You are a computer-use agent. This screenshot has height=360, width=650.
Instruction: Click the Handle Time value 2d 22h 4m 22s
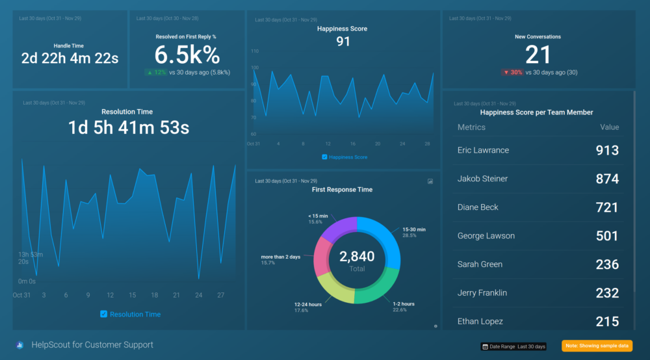click(69, 58)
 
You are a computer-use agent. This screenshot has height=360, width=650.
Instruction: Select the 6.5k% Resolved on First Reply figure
click(187, 55)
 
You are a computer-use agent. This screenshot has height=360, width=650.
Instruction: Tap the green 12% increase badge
click(156, 72)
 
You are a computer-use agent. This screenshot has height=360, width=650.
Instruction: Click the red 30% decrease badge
click(512, 72)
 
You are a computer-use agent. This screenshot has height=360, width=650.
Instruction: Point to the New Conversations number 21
click(538, 55)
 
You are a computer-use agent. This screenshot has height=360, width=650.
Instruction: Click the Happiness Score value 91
click(343, 42)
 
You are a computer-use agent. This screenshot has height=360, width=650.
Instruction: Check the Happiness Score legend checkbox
click(325, 157)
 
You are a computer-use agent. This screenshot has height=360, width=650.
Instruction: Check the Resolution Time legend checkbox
click(103, 315)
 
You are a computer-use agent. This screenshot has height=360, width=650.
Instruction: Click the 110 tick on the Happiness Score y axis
click(254, 51)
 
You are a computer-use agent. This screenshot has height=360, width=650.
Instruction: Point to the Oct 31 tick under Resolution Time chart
click(21, 295)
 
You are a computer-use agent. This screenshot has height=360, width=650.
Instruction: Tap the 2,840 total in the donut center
click(357, 257)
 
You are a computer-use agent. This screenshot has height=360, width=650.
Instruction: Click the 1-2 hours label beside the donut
click(403, 304)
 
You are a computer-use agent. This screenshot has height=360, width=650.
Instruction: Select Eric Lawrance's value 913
click(607, 150)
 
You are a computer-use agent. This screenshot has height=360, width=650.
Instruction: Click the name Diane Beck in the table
click(478, 207)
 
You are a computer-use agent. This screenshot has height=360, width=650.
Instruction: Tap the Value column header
click(609, 127)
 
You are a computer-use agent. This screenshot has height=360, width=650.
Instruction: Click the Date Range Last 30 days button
click(513, 346)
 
